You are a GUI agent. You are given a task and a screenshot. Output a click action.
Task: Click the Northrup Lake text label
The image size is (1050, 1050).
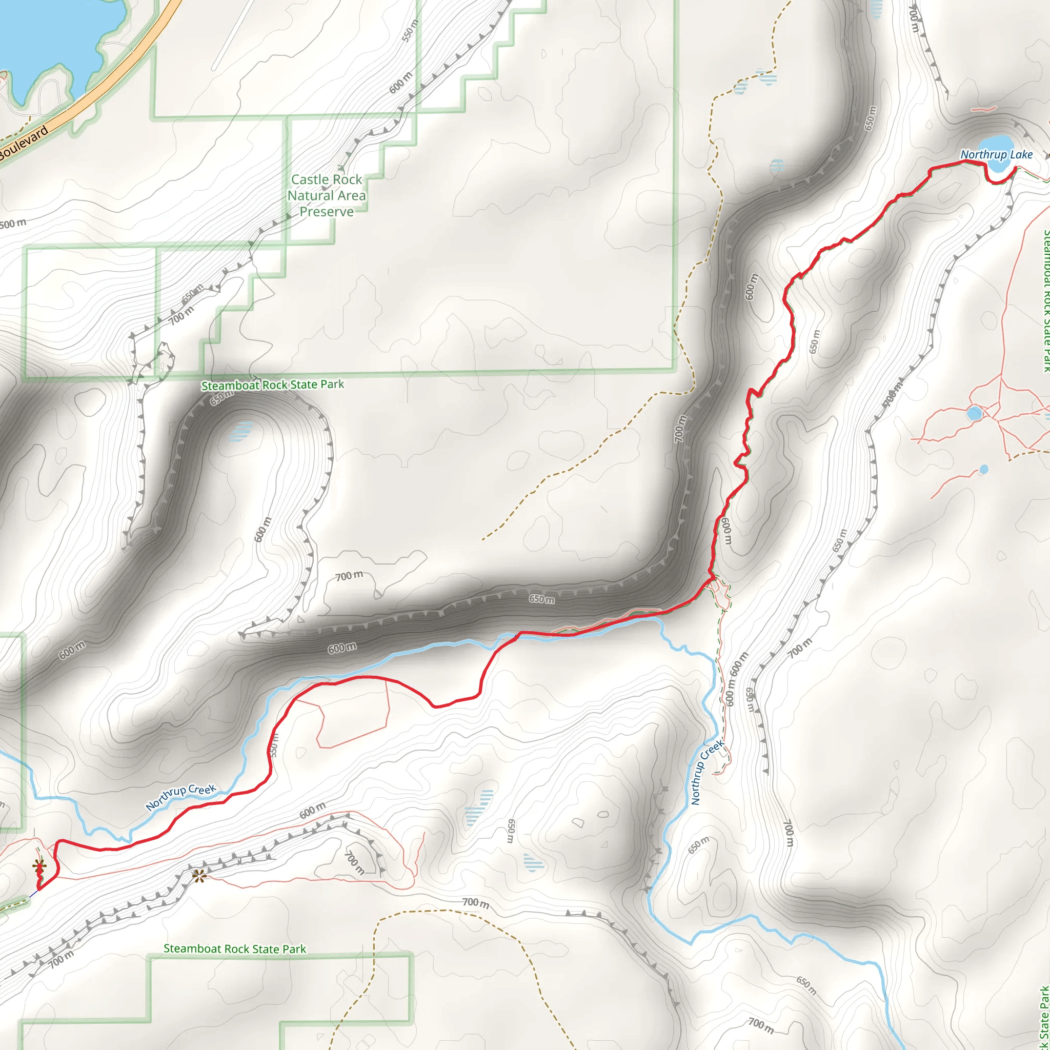click(x=996, y=155)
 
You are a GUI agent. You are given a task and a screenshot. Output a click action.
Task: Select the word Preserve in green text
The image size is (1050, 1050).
click(x=327, y=212)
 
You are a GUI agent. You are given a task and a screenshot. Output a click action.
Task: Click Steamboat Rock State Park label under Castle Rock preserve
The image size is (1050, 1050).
click(x=272, y=385)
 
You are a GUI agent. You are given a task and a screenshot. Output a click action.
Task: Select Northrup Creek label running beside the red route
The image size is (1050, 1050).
click(x=181, y=796)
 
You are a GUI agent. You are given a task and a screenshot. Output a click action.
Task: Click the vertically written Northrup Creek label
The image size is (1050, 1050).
click(x=706, y=772)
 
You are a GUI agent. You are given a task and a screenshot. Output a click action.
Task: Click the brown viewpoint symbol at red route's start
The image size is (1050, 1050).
click(x=39, y=865)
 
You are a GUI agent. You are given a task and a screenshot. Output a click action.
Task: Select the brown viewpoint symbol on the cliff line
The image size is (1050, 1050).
click(x=199, y=876)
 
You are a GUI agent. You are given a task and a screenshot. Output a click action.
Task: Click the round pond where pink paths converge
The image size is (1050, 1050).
click(x=974, y=413)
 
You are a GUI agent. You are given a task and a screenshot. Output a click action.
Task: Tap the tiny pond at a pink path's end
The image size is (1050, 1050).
click(x=984, y=469)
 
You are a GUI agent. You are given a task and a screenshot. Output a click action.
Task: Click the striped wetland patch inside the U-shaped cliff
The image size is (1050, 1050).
click(x=240, y=431)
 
